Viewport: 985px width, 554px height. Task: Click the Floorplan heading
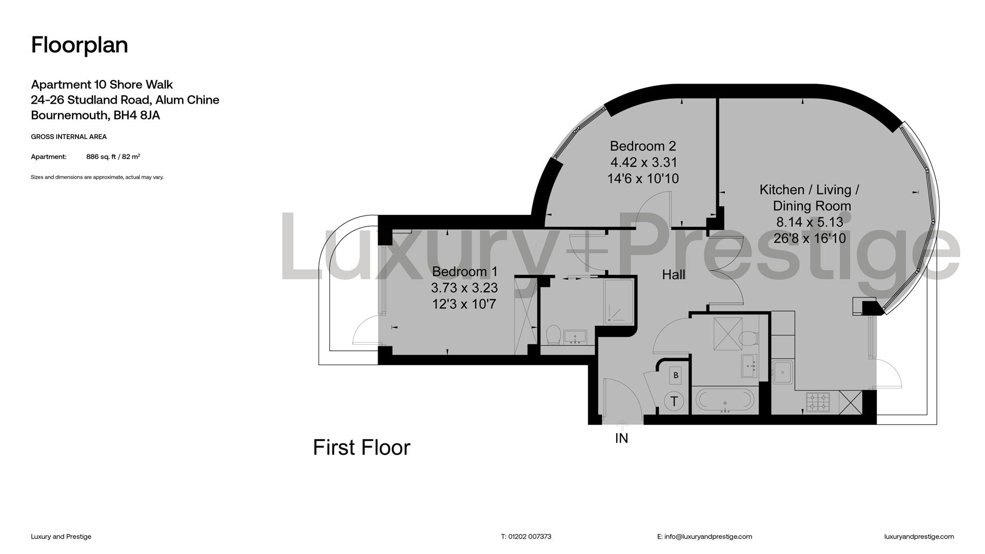80,45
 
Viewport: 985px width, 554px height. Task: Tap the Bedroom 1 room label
465,271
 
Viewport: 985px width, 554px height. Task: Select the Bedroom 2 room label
643,146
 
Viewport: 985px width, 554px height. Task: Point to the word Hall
674,274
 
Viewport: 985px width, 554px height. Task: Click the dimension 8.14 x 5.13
810,222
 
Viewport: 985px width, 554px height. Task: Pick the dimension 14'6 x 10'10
643,179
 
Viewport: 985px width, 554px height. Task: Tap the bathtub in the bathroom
725,401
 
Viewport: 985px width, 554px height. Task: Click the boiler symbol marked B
676,375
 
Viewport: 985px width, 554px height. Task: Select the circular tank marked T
674,401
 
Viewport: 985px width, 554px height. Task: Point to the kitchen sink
783,371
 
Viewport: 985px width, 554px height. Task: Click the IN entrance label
621,438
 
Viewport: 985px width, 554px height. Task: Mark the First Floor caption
362,447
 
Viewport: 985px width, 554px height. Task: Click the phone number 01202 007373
530,537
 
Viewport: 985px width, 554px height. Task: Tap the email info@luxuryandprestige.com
708,537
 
